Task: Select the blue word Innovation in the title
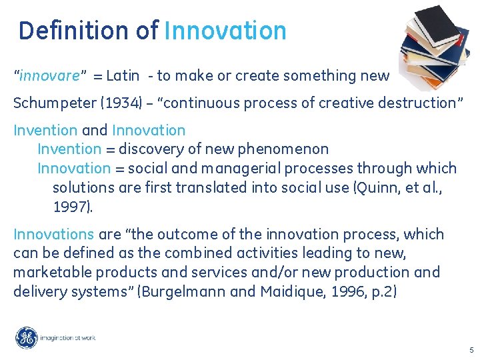pos(225,31)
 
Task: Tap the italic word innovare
pos(50,76)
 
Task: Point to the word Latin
pos(123,76)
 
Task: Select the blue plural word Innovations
pos(53,235)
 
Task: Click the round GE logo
pos(27,338)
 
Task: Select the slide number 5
pos(471,350)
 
